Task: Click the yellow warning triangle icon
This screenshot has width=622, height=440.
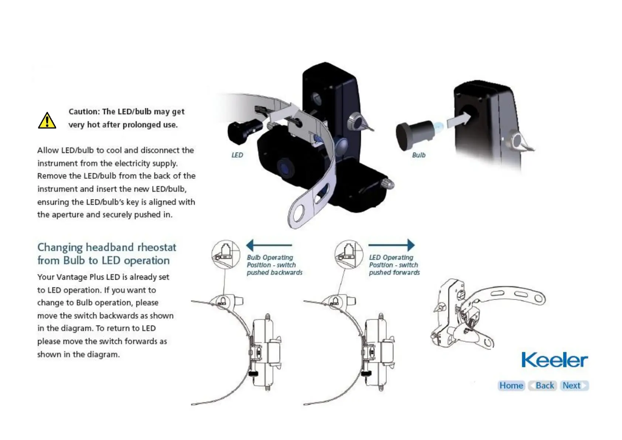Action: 47,120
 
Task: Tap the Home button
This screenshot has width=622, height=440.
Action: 511,386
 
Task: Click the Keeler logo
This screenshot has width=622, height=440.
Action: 554,360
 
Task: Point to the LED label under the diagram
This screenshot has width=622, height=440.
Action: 237,155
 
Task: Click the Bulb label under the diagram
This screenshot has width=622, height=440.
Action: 418,155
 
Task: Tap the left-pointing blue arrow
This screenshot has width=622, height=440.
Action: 269,245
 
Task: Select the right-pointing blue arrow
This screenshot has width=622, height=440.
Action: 392,245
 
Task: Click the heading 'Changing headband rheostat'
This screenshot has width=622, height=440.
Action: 107,247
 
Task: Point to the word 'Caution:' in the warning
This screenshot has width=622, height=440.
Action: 84,112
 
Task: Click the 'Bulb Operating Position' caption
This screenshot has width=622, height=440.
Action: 274,265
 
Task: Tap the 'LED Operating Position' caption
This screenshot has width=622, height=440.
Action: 394,265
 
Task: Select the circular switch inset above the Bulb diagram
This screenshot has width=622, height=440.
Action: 225,254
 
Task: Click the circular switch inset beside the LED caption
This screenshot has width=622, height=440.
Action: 348,254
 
